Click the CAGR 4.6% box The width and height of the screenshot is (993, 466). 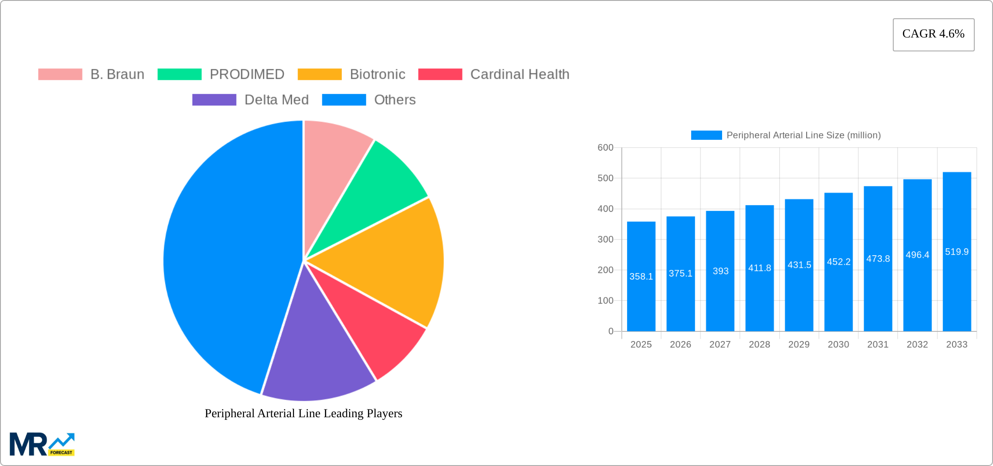pyautogui.click(x=933, y=34)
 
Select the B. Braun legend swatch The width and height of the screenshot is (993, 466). pyautogui.click(x=60, y=74)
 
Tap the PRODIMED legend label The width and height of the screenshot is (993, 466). pyautogui.click(x=247, y=74)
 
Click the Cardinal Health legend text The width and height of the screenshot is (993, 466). pyautogui.click(x=520, y=74)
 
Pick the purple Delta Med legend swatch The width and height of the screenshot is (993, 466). pyautogui.click(x=214, y=100)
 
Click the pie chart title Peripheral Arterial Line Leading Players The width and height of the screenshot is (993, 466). pyautogui.click(x=304, y=413)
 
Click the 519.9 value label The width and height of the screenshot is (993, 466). pyautogui.click(x=957, y=252)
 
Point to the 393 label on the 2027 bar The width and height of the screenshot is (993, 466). pyautogui.click(x=720, y=271)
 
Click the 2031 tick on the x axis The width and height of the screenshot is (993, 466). pyautogui.click(x=878, y=344)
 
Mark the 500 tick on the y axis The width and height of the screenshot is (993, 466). pyautogui.click(x=605, y=178)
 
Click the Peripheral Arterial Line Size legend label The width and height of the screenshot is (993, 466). pyautogui.click(x=804, y=135)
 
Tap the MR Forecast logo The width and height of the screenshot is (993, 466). pyautogui.click(x=42, y=444)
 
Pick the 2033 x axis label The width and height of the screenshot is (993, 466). pyautogui.click(x=957, y=344)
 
